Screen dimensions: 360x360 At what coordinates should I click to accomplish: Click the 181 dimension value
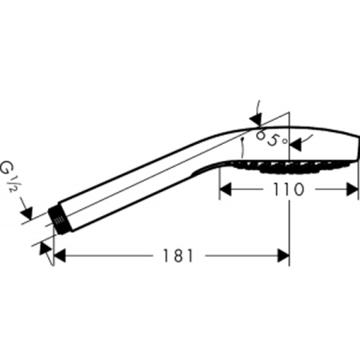coord(178,256)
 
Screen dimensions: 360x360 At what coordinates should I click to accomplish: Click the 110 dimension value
coord(288,190)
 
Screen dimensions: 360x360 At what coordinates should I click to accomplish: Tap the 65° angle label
coord(271,138)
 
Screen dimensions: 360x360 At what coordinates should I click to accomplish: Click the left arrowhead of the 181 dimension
coord(59,256)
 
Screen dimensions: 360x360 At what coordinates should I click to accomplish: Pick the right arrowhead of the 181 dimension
coord(283,256)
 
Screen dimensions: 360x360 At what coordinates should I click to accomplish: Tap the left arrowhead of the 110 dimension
coord(225,190)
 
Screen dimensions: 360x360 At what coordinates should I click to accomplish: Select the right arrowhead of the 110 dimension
coord(352,190)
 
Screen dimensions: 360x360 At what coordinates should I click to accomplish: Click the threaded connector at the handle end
coord(58,220)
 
